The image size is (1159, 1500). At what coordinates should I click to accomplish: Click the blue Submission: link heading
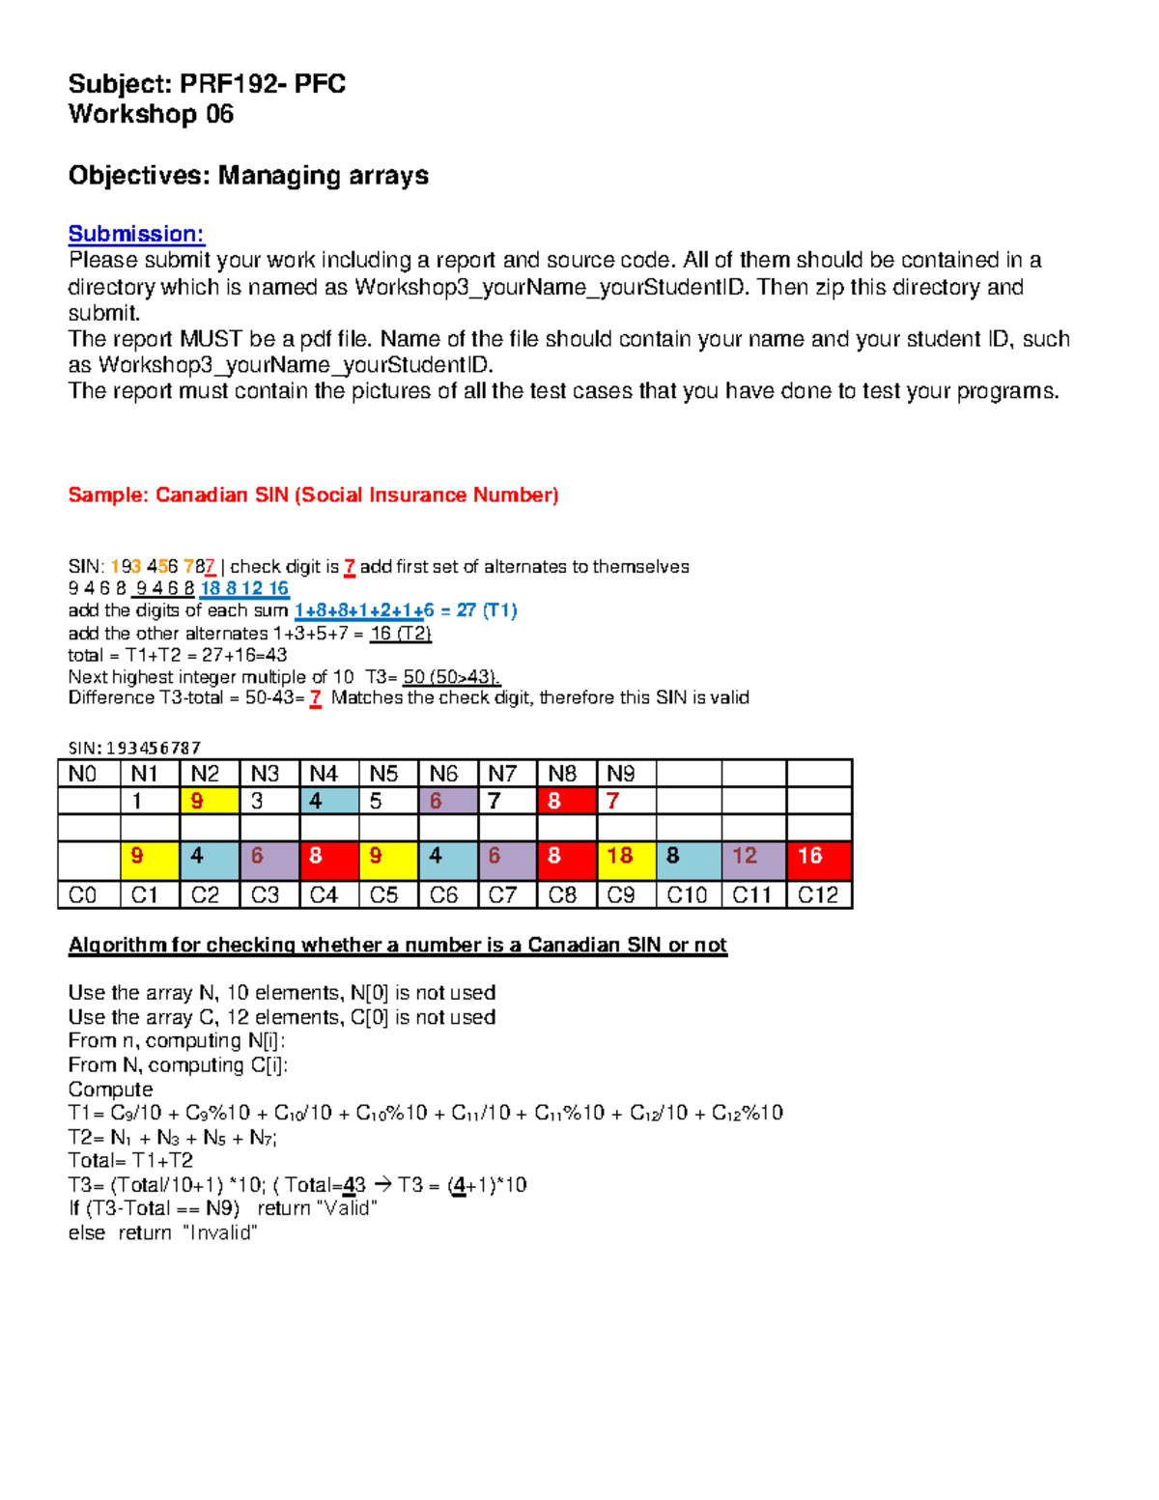pos(135,234)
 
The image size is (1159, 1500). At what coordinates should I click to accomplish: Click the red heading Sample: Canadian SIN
pos(313,495)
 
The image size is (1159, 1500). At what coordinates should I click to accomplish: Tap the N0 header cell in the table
pos(88,774)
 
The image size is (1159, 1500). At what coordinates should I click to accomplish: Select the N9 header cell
pos(625,774)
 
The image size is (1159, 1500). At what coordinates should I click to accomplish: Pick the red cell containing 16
pos(818,856)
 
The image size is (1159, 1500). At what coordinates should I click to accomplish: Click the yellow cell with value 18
pos(625,856)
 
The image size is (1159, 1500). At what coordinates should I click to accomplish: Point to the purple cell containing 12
pos(753,856)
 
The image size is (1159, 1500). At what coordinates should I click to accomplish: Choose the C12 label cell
pos(818,895)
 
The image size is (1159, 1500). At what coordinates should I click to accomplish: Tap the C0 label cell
pos(88,895)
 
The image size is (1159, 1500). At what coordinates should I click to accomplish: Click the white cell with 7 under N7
pos(506,801)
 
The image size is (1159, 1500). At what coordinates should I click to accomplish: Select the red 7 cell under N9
pos(625,801)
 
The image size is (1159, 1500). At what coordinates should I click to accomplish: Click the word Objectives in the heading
pos(138,176)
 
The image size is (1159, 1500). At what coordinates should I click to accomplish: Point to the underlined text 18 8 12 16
pos(244,588)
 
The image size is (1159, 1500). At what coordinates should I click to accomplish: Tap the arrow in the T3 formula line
pos(382,1185)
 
